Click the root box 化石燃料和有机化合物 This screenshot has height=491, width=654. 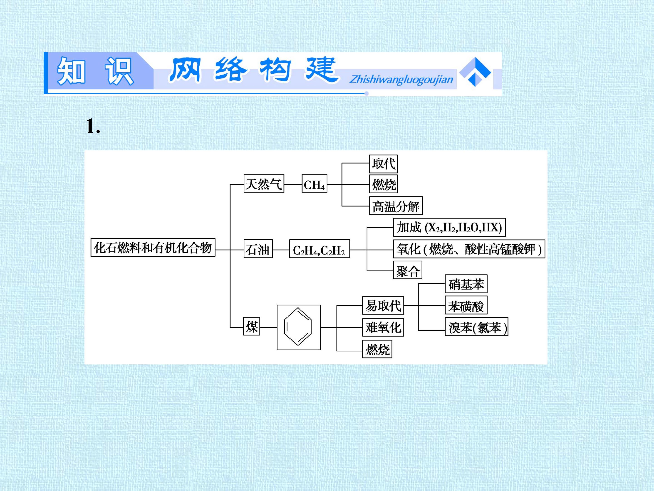coord(153,247)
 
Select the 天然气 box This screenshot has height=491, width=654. coord(264,183)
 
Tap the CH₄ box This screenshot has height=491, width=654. coord(314,183)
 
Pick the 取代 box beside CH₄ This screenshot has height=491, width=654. coord(383,164)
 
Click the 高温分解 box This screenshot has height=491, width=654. coord(396,206)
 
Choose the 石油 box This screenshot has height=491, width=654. coord(258,249)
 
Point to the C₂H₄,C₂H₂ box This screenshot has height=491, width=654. coord(320,249)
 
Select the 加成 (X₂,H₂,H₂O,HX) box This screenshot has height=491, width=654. coord(449,227)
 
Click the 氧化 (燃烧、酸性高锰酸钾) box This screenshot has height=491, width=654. coord(469,249)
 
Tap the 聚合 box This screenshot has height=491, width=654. coord(407,270)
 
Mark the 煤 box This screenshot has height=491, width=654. coord(252,326)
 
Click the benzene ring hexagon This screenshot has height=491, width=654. coord(298,326)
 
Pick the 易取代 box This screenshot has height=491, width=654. coord(383,306)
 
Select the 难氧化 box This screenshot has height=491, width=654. coord(383,327)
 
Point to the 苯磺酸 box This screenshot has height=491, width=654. coord(466,305)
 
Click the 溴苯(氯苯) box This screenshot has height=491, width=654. coord(477,327)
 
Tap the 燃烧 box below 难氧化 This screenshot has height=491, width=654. coord(377,349)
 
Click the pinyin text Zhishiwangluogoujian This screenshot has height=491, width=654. coord(401,79)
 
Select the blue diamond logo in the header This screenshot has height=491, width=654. coord(475,72)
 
